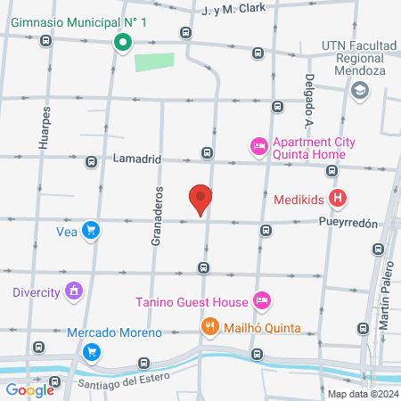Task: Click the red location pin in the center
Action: (x=200, y=200)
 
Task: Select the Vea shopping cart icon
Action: (x=90, y=231)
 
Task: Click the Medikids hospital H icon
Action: (x=338, y=199)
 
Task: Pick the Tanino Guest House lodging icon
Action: (x=261, y=299)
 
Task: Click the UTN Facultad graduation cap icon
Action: (x=359, y=89)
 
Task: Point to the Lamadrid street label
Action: (x=136, y=160)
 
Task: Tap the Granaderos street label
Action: (x=158, y=216)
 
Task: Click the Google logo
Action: (x=29, y=389)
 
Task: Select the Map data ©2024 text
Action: (x=361, y=393)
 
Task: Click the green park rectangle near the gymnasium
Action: (x=154, y=62)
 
